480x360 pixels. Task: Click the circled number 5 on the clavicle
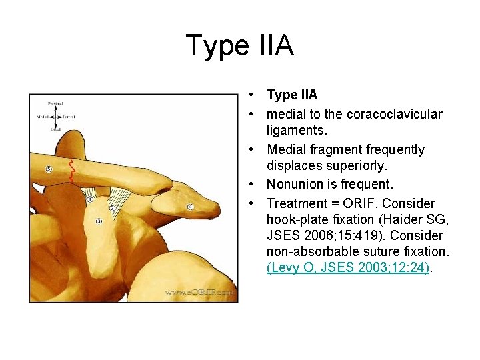pyautogui.click(x=49, y=169)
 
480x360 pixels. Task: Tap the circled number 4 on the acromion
pyautogui.click(x=190, y=207)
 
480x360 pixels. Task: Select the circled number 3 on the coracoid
pyautogui.click(x=99, y=221)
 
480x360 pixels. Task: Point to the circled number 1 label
pyautogui.click(x=90, y=199)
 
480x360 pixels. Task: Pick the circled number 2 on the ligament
pyautogui.click(x=112, y=208)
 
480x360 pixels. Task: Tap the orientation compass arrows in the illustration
pyautogui.click(x=57, y=117)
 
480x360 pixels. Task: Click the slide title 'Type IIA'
pyautogui.click(x=239, y=46)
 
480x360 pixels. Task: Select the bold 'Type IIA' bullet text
pyautogui.click(x=292, y=95)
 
